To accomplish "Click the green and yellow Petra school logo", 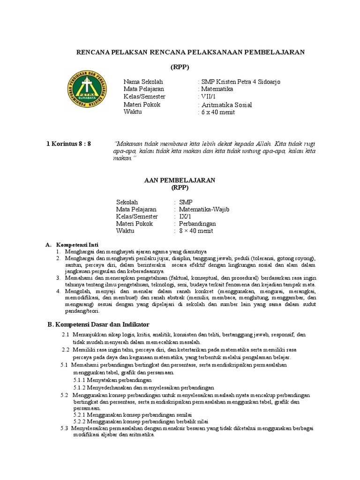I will point(87,91).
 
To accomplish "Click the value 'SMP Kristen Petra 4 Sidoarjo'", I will point(240,82).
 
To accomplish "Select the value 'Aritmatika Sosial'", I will point(226,105).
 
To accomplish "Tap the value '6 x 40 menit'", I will point(218,112).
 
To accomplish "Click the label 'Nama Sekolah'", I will point(143,82).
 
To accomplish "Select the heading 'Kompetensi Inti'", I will point(77,245).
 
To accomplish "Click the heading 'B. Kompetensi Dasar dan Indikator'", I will point(99,324).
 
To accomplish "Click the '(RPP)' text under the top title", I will point(180,67).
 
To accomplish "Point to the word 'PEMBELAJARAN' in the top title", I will point(276,52).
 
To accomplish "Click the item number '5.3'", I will point(65,428).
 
